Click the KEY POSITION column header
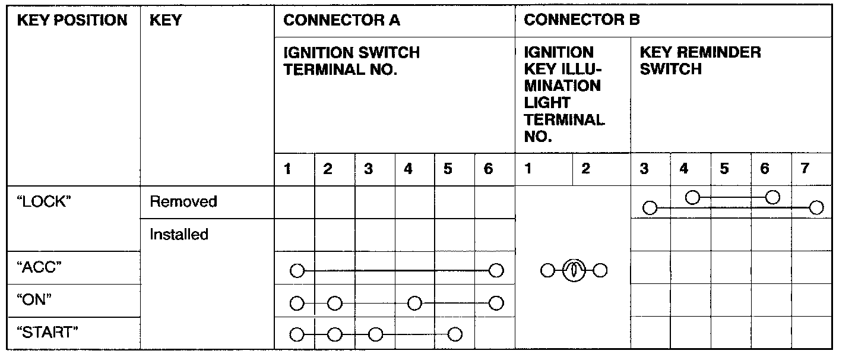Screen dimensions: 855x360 click(x=72, y=21)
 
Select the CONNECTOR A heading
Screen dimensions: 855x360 click(x=342, y=21)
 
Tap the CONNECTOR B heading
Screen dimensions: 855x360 click(x=582, y=21)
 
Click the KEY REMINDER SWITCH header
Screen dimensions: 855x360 click(x=700, y=61)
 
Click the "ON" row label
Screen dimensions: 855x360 click(x=37, y=300)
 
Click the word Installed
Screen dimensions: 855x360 click(x=179, y=235)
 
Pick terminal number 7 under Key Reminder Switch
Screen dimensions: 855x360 click(x=805, y=169)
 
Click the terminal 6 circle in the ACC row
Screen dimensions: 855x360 click(x=496, y=271)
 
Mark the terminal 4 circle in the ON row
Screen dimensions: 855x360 click(x=414, y=304)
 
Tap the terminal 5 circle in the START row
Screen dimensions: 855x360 click(x=455, y=334)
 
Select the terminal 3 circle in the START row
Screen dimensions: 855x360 click(x=375, y=334)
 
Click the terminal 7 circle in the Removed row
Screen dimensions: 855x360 click(x=816, y=207)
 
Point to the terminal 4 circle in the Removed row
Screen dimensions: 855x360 click(x=692, y=197)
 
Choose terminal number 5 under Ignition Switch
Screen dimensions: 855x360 click(x=448, y=169)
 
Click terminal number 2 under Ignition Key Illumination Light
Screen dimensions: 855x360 click(x=585, y=169)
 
